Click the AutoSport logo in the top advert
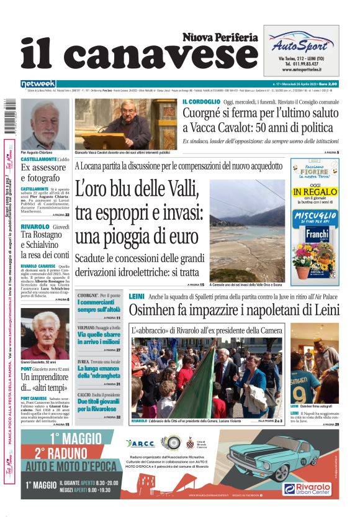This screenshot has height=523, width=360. pos(300,44)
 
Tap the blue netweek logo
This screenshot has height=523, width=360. pos(38,84)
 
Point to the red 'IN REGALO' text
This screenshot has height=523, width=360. pos(314,192)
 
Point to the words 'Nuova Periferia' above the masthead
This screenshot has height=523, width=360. pos(220,37)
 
